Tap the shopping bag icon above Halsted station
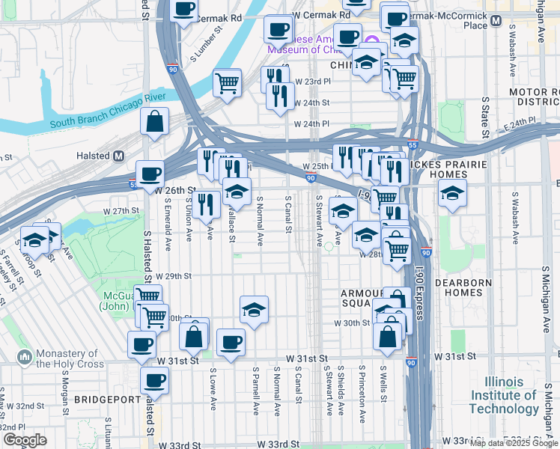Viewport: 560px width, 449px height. tap(154, 122)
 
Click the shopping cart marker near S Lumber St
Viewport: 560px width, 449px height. tap(227, 82)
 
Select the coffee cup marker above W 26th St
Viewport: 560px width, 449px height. tap(150, 174)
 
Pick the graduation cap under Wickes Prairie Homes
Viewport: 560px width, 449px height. tap(452, 193)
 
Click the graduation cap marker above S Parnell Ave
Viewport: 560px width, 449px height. tap(255, 310)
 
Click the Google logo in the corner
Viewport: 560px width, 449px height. tap(24, 440)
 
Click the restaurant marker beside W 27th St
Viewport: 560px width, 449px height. tap(206, 203)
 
